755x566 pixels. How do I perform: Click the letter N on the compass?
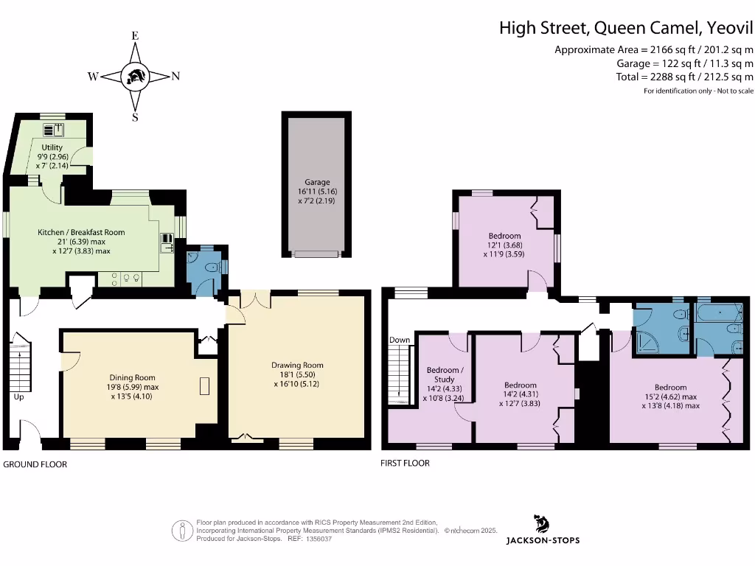coord(175,76)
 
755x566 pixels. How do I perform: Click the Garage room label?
coord(318,182)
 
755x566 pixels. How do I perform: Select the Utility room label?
coord(52,147)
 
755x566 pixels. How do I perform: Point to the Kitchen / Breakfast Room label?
coord(81,232)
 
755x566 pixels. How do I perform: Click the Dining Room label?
coord(133,377)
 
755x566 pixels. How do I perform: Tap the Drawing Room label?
coord(297,365)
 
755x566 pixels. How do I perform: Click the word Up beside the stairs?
coord(18,396)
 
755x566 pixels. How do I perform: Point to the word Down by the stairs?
coord(400,340)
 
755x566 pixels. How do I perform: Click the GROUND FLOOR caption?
coord(35,464)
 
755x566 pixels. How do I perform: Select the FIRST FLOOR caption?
coord(405,463)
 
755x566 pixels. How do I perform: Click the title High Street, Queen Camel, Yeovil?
coord(626,28)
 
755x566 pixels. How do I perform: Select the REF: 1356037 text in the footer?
coord(304,539)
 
